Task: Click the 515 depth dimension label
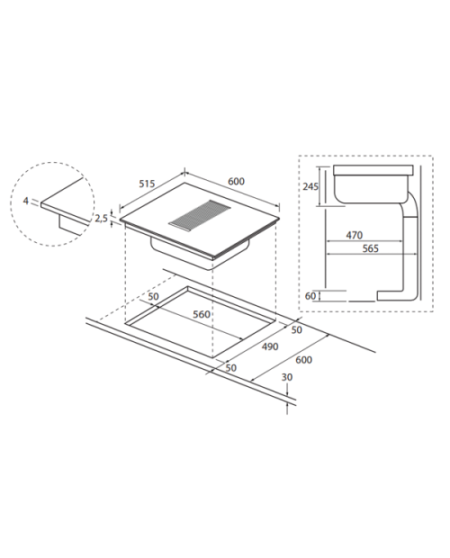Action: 147,184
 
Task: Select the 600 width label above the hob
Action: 236,182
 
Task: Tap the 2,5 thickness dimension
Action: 101,218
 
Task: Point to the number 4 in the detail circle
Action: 25,201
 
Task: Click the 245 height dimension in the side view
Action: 310,186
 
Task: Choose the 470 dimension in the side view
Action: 354,235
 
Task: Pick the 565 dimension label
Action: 370,248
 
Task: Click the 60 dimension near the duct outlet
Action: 310,296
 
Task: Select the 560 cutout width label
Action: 202,315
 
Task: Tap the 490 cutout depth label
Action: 270,346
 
